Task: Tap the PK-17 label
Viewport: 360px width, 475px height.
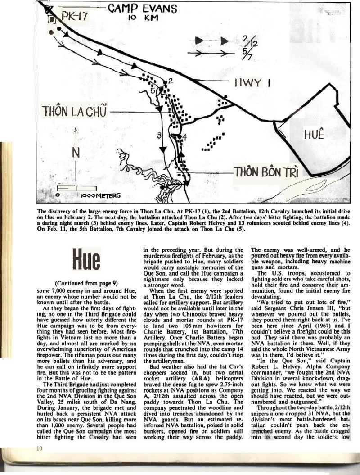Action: [x=73, y=17]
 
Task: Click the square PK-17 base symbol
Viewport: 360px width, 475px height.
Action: [x=52, y=19]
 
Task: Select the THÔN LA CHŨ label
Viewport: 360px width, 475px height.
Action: [x=74, y=111]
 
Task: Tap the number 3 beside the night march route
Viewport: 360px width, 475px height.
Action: [x=158, y=136]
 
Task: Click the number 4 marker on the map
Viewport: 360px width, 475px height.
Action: [x=184, y=137]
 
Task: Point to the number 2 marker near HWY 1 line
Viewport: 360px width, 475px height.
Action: [x=171, y=80]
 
